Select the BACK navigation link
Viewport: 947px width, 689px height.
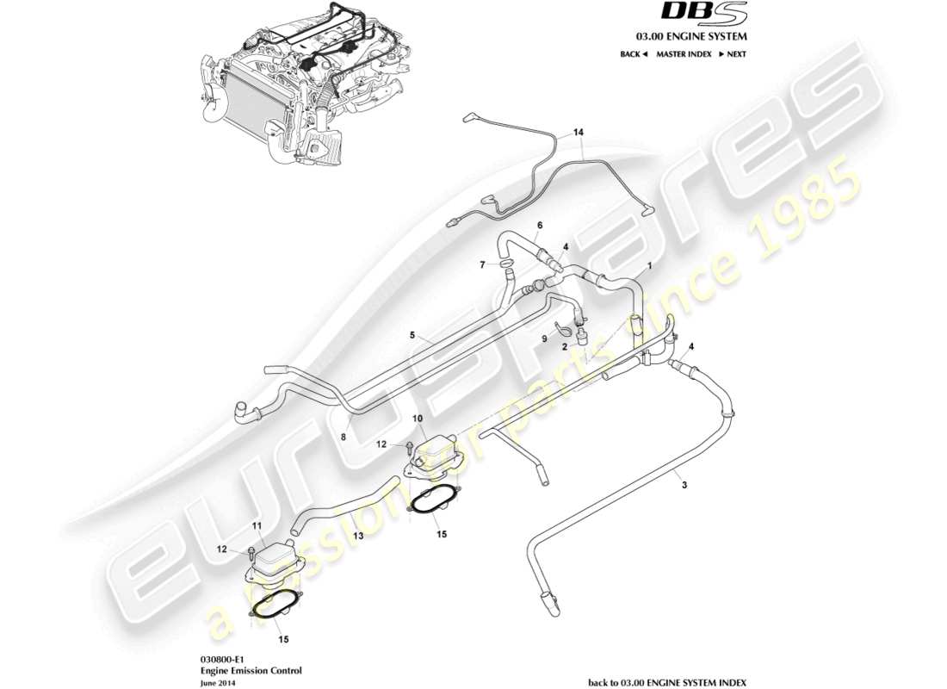tap(633, 54)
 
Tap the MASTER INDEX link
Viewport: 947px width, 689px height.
tap(684, 54)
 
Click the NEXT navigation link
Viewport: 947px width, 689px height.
tap(732, 54)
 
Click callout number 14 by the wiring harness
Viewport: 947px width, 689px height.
tap(579, 133)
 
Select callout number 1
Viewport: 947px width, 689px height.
tap(649, 267)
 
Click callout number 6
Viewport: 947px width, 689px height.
tap(539, 225)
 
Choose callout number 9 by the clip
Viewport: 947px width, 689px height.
tap(544, 339)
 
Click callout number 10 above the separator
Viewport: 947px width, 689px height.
tap(418, 418)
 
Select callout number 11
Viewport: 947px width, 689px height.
tap(256, 525)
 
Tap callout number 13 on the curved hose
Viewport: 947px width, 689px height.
tap(357, 535)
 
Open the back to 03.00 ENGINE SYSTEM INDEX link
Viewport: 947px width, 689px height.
tap(667, 681)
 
